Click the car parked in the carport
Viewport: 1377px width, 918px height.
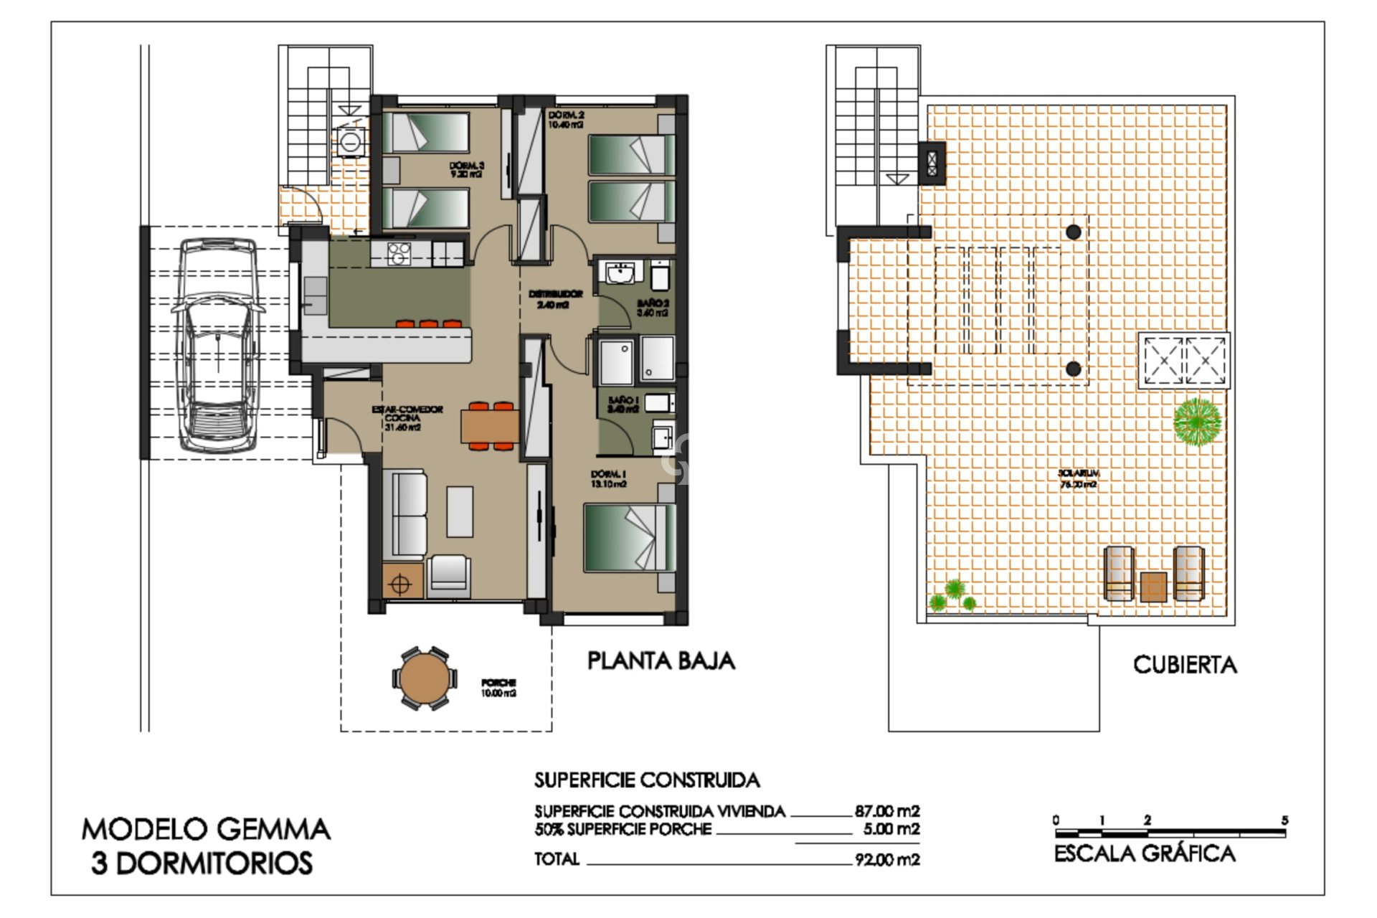[217, 345]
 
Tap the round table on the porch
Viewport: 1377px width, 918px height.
[423, 678]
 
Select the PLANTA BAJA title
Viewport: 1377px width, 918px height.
[661, 661]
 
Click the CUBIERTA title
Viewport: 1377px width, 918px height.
[1184, 665]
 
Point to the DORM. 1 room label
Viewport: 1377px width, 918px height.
[608, 478]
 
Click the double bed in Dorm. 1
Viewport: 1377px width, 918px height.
[630, 538]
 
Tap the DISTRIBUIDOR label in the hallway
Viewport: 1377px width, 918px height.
[555, 298]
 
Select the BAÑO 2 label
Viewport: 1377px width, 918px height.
[652, 308]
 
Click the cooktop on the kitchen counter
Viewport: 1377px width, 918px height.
[399, 253]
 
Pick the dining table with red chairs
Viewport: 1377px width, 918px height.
[490, 426]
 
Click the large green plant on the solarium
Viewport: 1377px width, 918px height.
[1196, 422]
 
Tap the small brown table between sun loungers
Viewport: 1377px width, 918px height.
[1153, 586]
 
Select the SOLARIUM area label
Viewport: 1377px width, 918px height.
[1078, 478]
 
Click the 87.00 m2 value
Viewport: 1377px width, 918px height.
[886, 811]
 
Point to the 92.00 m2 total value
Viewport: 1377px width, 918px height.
[886, 859]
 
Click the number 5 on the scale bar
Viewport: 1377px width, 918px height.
[1284, 820]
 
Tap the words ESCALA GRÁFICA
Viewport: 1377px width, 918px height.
[1145, 853]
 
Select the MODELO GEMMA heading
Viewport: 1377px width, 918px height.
[206, 830]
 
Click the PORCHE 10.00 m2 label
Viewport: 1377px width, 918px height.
[498, 688]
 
